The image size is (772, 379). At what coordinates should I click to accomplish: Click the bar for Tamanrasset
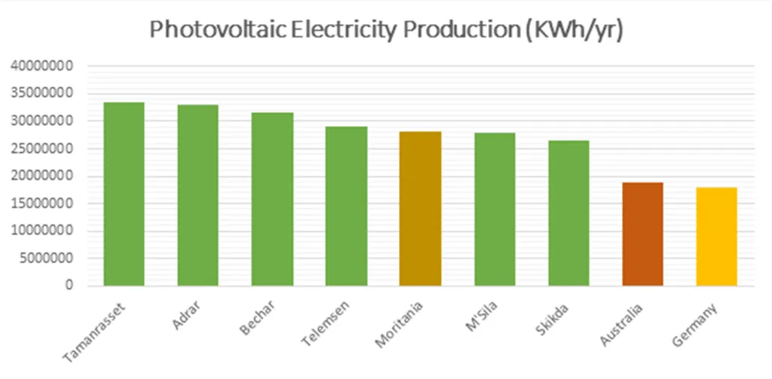[124, 194]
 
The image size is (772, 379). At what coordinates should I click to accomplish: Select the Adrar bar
[198, 195]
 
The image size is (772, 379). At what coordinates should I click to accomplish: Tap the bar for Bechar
[271, 199]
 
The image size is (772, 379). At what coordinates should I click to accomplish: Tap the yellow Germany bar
[716, 237]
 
